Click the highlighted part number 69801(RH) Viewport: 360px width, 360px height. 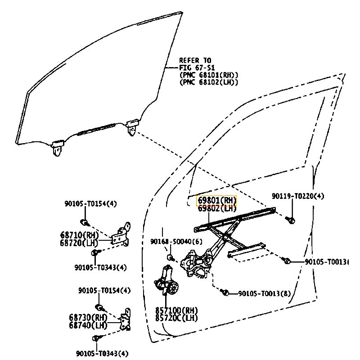216,201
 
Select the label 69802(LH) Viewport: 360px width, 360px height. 216,208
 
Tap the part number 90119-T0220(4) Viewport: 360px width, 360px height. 297,196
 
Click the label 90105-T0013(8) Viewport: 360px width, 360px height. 264,293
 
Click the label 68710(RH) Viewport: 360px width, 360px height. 79,234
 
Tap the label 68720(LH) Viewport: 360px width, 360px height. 79,242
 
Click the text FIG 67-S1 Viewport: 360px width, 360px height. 197,67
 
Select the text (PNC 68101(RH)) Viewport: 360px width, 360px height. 209,75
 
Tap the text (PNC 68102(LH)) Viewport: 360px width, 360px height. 208,82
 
